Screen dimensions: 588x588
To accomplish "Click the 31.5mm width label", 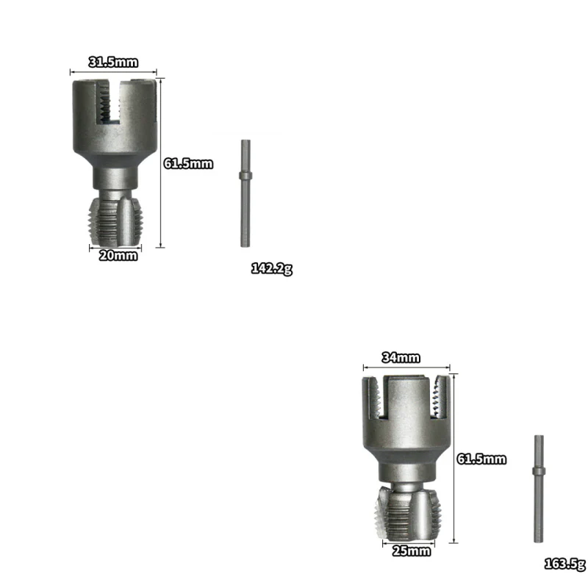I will pyautogui.click(x=113, y=62).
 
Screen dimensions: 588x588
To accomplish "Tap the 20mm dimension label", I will pyautogui.click(x=119, y=255).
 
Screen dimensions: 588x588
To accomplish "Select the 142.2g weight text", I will pyautogui.click(x=272, y=268).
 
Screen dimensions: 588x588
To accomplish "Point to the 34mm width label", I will pyautogui.click(x=401, y=357).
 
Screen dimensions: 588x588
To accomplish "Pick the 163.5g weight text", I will pyautogui.click(x=564, y=564).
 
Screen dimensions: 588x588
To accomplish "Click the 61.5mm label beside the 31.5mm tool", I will pyautogui.click(x=188, y=163).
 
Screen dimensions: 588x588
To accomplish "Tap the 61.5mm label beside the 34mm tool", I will pyautogui.click(x=481, y=459).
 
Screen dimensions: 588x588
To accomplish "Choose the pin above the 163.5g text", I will pyautogui.click(x=538, y=489).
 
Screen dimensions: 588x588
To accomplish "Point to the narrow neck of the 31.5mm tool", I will pyautogui.click(x=115, y=176).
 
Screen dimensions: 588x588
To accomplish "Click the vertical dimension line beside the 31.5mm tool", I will pyautogui.click(x=159, y=163).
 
